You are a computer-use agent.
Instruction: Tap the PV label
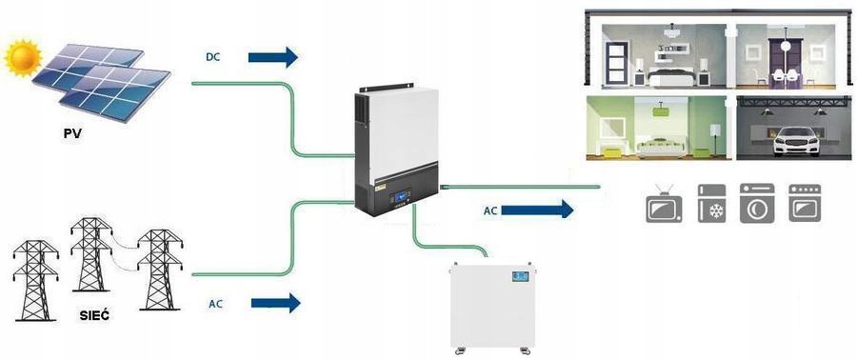coord(72,132)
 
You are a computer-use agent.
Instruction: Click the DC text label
coord(212,57)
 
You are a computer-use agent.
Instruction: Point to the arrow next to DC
coord(273,57)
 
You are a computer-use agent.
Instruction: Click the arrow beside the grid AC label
coord(275,303)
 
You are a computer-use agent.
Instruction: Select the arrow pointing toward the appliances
coord(537,210)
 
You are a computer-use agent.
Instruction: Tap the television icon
coord(664,205)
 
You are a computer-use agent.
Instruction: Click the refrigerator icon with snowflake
coord(712,203)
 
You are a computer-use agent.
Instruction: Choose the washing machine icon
coord(757,203)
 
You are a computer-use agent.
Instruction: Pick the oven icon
coord(805,203)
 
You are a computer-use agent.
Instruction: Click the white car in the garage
coord(796,142)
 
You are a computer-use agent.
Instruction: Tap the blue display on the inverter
coord(403,194)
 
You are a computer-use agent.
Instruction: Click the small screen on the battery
coord(520,276)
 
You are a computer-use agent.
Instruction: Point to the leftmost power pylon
coord(35,280)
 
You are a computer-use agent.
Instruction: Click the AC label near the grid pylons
coord(216,304)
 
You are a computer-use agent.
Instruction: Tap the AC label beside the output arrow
coord(490,210)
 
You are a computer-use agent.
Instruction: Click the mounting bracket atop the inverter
coord(387,88)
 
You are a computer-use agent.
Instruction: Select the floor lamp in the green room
coord(714,138)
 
